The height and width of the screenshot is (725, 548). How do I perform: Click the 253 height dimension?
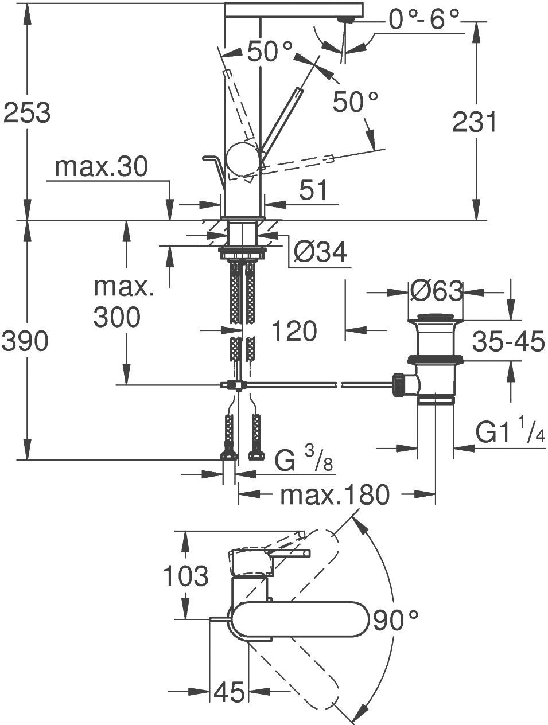point(27,112)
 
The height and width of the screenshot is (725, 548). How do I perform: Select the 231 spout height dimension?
point(474,122)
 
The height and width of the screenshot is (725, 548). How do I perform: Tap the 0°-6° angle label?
point(424,20)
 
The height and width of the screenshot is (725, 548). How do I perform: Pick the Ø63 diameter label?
point(436,291)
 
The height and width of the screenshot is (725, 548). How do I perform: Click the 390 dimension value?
point(24,342)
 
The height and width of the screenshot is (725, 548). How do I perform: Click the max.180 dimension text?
point(335,494)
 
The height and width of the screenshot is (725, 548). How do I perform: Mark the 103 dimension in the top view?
point(185,576)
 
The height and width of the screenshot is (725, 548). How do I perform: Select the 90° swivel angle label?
point(395,621)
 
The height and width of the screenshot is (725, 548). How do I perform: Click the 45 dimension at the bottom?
point(229,692)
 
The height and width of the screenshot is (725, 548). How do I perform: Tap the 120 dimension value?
point(293,331)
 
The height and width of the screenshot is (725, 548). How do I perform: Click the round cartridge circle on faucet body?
point(242,159)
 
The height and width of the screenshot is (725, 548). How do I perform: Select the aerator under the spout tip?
point(345,20)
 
